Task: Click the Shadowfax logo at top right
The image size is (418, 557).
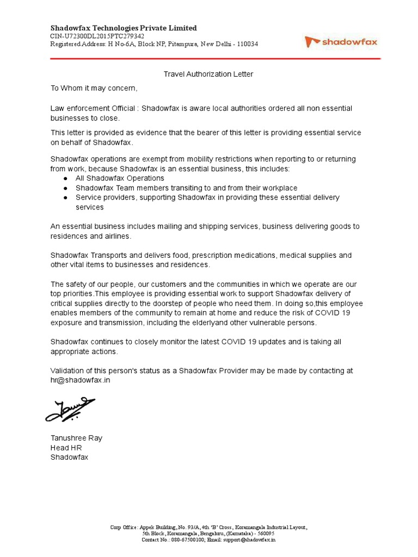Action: (341, 41)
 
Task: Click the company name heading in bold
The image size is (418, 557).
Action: (124, 28)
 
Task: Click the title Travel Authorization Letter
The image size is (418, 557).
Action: (209, 74)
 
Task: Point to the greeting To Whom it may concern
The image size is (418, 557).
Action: (94, 88)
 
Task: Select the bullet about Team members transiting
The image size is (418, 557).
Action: (186, 188)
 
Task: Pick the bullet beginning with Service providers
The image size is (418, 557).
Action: (207, 197)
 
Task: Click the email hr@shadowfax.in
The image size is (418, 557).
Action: (80, 380)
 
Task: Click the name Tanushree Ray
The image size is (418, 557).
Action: (76, 438)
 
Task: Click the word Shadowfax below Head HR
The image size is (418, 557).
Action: (69, 457)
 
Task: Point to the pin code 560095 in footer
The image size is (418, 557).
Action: (266, 534)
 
